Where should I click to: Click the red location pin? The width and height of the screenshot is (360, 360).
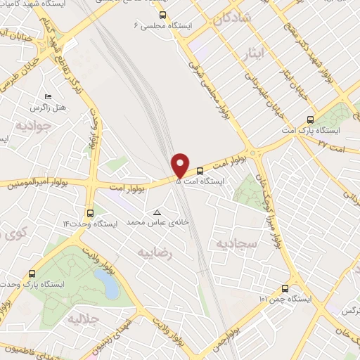click(181, 165)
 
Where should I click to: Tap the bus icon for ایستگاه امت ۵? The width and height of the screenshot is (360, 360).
click(200, 170)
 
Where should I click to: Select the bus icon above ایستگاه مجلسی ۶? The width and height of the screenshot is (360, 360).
click(163, 14)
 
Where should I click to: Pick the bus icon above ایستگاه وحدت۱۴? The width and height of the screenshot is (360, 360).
click(90, 212)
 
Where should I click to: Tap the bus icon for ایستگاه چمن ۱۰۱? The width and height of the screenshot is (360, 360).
click(285, 288)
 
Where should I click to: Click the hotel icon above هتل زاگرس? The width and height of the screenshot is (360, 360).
click(48, 97)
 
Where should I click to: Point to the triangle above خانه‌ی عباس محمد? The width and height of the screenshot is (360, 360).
click(157, 212)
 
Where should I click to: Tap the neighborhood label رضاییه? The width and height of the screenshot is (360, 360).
click(155, 251)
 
